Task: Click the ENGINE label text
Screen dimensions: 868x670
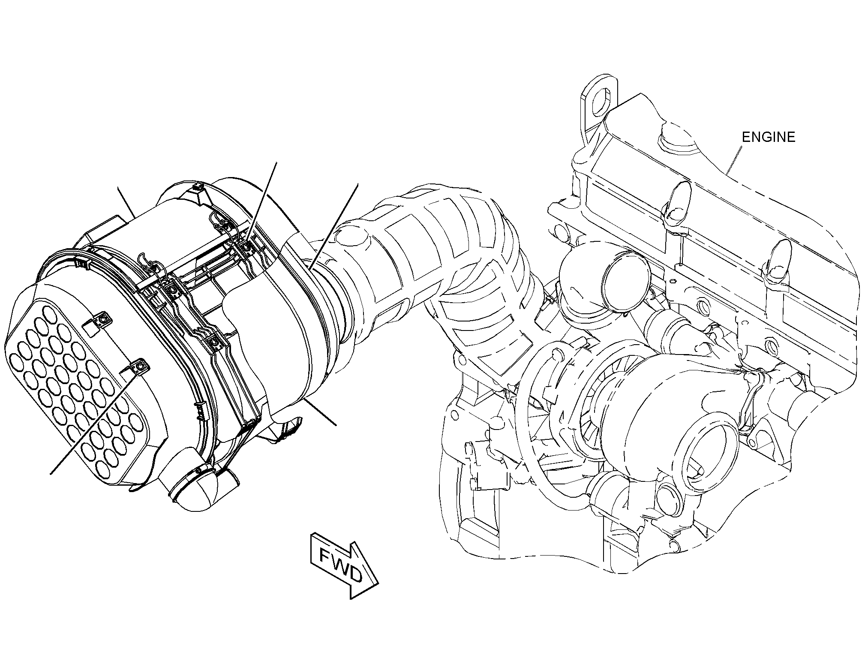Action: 769,137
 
